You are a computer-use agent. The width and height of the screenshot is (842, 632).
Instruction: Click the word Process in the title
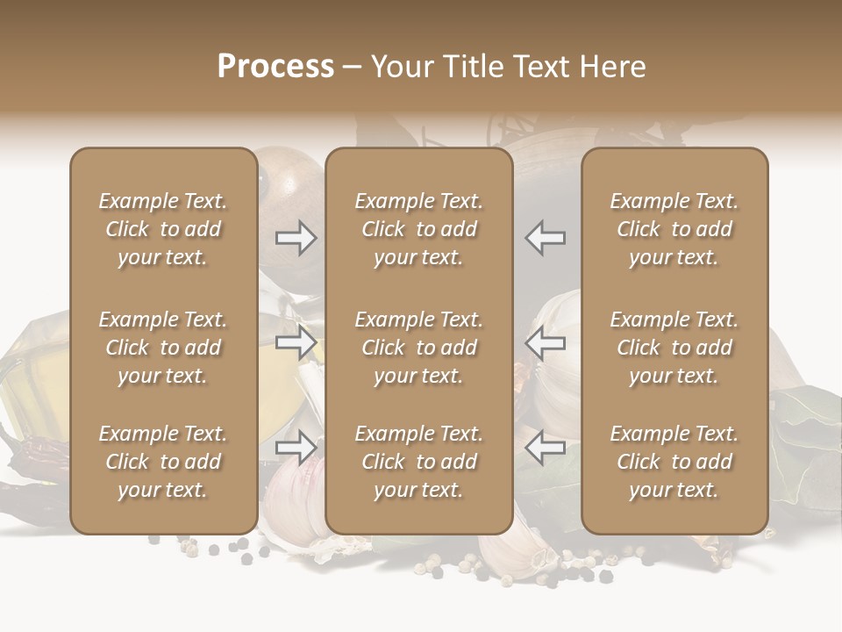pyautogui.click(x=275, y=67)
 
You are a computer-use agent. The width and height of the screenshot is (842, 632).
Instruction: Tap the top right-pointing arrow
pyautogui.click(x=296, y=238)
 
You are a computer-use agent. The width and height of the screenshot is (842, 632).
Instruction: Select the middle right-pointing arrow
pyautogui.click(x=296, y=342)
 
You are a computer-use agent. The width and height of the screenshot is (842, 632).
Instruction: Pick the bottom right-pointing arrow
pyautogui.click(x=296, y=448)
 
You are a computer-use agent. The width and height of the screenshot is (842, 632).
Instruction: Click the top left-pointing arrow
pyautogui.click(x=545, y=238)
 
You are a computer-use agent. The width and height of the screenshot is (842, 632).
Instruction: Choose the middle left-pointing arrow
pyautogui.click(x=545, y=342)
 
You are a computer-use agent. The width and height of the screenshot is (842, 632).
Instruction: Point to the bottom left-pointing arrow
pyautogui.click(x=545, y=448)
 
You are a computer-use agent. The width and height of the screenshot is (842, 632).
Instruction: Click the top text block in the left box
pyautogui.click(x=163, y=229)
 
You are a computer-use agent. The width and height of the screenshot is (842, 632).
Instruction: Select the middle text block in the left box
pyautogui.click(x=163, y=348)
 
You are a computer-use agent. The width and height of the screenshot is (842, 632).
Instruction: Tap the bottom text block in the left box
pyautogui.click(x=163, y=462)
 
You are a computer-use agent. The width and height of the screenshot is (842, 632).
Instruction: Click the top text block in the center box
pyautogui.click(x=418, y=229)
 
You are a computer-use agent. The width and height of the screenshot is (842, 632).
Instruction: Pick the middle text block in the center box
pyautogui.click(x=418, y=348)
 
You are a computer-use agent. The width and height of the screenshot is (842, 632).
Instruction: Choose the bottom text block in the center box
pyautogui.click(x=418, y=462)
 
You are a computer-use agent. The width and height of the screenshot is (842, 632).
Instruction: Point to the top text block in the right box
pyautogui.click(x=674, y=229)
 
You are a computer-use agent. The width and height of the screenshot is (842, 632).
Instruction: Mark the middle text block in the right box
pyautogui.click(x=674, y=348)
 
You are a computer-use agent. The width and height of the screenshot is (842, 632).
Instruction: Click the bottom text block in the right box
pyautogui.click(x=674, y=462)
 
